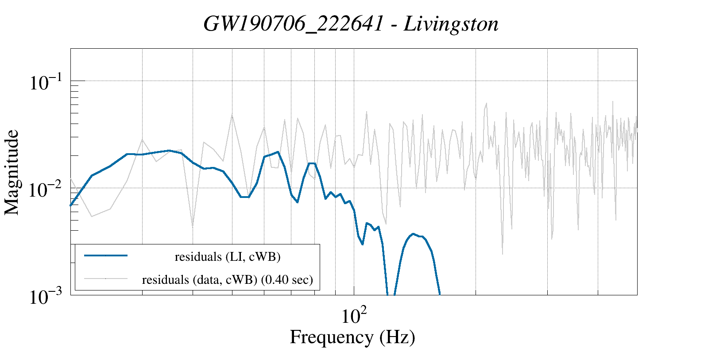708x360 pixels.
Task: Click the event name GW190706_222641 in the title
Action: (x=293, y=24)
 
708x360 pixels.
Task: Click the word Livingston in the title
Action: (x=451, y=24)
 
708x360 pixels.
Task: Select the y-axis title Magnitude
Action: (x=12, y=172)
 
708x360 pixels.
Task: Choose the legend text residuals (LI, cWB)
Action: (x=228, y=256)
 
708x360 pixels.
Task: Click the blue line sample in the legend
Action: (x=106, y=255)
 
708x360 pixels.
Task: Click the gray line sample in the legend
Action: (x=106, y=279)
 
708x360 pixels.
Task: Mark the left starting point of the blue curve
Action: (x=71, y=205)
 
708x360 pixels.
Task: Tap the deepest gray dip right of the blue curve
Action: (x=502, y=254)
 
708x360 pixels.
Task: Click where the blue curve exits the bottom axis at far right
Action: (x=440, y=294)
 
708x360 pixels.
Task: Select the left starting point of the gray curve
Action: (x=71, y=178)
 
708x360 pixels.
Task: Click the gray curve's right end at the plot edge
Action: (x=637, y=128)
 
